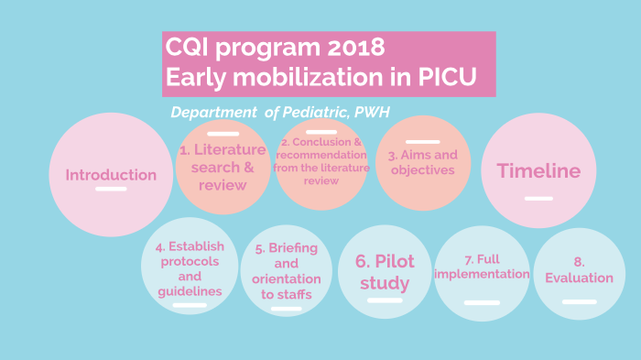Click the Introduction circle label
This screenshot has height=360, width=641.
pyautogui.click(x=111, y=175)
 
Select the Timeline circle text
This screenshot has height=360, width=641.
pyautogui.click(x=538, y=170)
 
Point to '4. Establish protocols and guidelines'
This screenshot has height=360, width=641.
pyautogui.click(x=189, y=267)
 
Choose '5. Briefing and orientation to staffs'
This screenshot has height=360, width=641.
pyautogui.click(x=287, y=271)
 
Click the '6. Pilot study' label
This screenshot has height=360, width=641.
pyautogui.click(x=385, y=272)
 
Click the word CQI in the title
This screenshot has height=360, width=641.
pyautogui.click(x=189, y=47)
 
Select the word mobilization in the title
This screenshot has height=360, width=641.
pyautogui.click(x=312, y=77)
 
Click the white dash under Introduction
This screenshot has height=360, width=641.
pyautogui.click(x=111, y=189)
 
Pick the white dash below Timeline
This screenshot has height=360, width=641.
pyautogui.click(x=538, y=198)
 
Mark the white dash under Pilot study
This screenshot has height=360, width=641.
pyautogui.click(x=385, y=300)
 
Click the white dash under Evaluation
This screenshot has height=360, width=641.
pyautogui.click(x=579, y=300)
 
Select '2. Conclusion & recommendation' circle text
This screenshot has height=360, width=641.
pyautogui.click(x=320, y=161)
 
